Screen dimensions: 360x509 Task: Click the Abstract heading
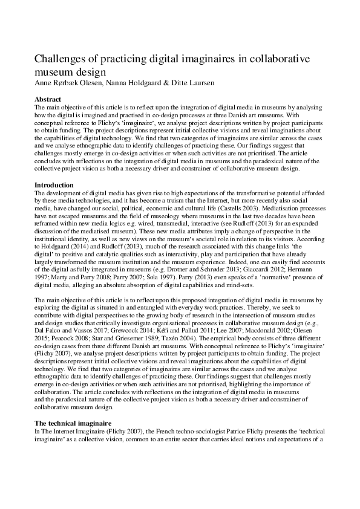coord(48,99)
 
